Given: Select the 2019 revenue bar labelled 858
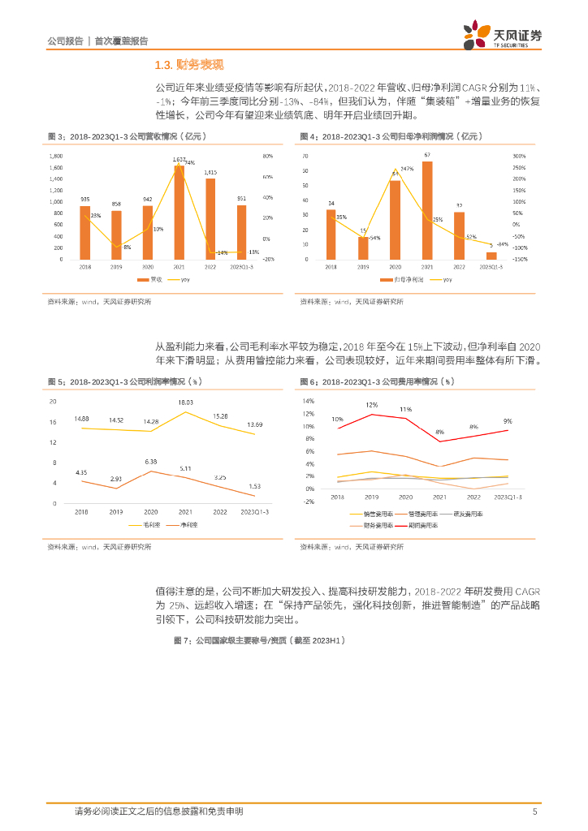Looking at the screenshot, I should point(116,235).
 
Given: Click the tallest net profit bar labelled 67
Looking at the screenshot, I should point(427,210).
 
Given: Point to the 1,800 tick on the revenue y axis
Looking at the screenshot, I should point(56,156).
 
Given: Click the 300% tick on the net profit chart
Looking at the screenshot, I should point(521,156).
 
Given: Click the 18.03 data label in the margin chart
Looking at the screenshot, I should point(186,403).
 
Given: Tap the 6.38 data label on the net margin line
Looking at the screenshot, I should point(151,462).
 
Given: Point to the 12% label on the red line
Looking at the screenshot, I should point(371,405).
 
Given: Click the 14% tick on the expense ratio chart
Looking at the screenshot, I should point(309,401).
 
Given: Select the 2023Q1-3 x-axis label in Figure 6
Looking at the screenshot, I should point(508,495).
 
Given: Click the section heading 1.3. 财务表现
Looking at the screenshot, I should point(188,65).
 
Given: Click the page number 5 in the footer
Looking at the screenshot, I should point(534,811).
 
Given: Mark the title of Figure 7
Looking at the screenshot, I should point(260,640).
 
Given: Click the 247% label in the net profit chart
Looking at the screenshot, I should point(408,169).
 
